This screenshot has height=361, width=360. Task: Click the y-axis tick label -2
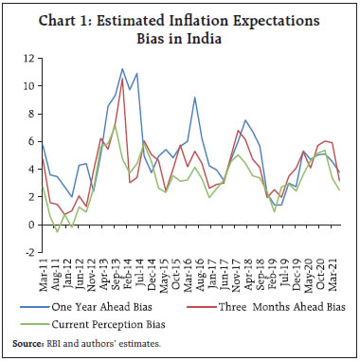[x=28, y=253]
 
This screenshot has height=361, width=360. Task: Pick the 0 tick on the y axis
[x=30, y=226]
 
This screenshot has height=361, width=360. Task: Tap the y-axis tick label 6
[x=30, y=142]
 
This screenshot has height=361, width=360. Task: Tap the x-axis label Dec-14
[x=151, y=277]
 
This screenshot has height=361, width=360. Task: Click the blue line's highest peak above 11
[x=122, y=69]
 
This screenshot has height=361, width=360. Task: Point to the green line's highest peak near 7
[x=115, y=126]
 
